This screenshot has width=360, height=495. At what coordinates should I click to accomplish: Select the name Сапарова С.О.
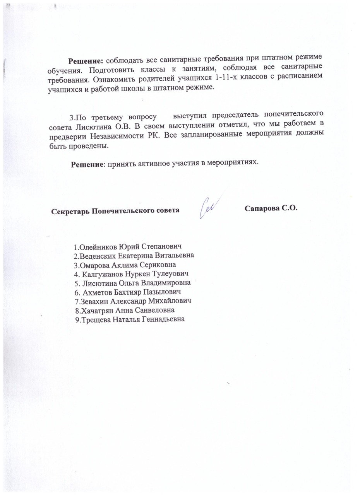[x=271, y=208]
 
